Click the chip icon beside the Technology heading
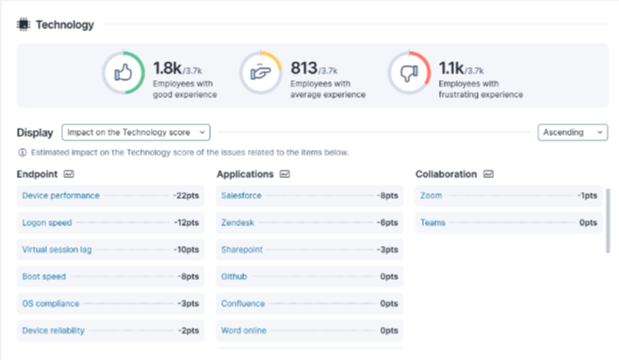[24, 25]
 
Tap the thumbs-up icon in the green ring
[123, 73]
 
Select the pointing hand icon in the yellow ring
[261, 73]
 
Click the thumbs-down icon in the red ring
[409, 73]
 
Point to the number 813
[304, 68]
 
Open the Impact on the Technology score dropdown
[136, 132]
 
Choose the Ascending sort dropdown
[573, 132]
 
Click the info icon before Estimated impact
[23, 153]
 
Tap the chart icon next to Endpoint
[69, 174]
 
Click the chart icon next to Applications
[285, 174]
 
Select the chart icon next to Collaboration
[488, 174]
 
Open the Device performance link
[61, 195]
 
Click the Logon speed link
[47, 222]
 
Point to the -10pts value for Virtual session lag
[187, 250]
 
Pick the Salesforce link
[241, 195]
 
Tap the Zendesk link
[237, 222]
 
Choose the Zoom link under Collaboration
[432, 195]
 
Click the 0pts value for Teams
[588, 222]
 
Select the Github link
[234, 276]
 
